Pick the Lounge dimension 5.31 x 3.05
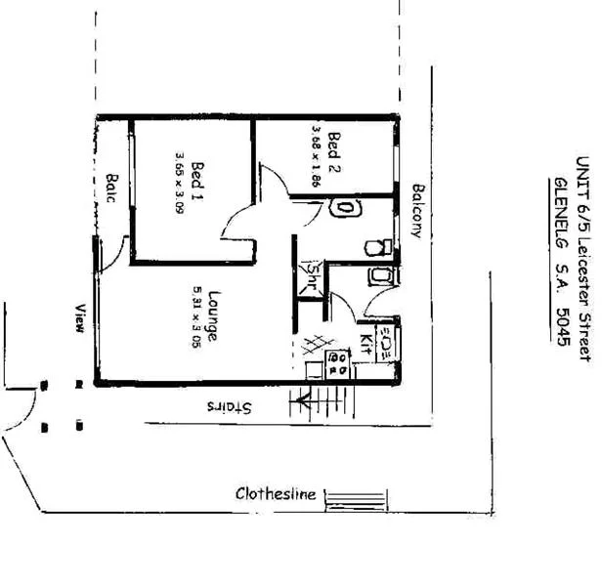tap(196, 317)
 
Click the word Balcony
tap(417, 211)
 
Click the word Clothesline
tap(276, 493)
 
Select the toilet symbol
tap(377, 247)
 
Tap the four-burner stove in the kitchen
tap(339, 364)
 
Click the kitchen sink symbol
tap(385, 342)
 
